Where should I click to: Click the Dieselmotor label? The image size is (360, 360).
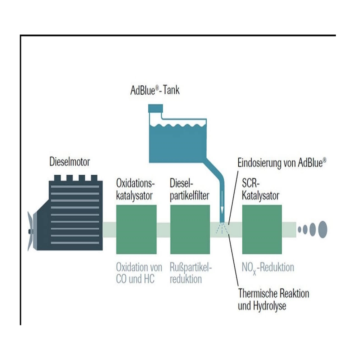69,162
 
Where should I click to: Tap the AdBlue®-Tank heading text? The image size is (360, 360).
155,90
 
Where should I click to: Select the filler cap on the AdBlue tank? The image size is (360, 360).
156,108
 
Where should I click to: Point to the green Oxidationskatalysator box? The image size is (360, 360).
136,229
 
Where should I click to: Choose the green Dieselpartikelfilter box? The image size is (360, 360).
190,229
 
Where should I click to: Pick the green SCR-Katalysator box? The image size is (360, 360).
262,229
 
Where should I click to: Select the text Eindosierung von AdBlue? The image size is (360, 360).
282,163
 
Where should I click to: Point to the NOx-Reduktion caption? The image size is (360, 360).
268,268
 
